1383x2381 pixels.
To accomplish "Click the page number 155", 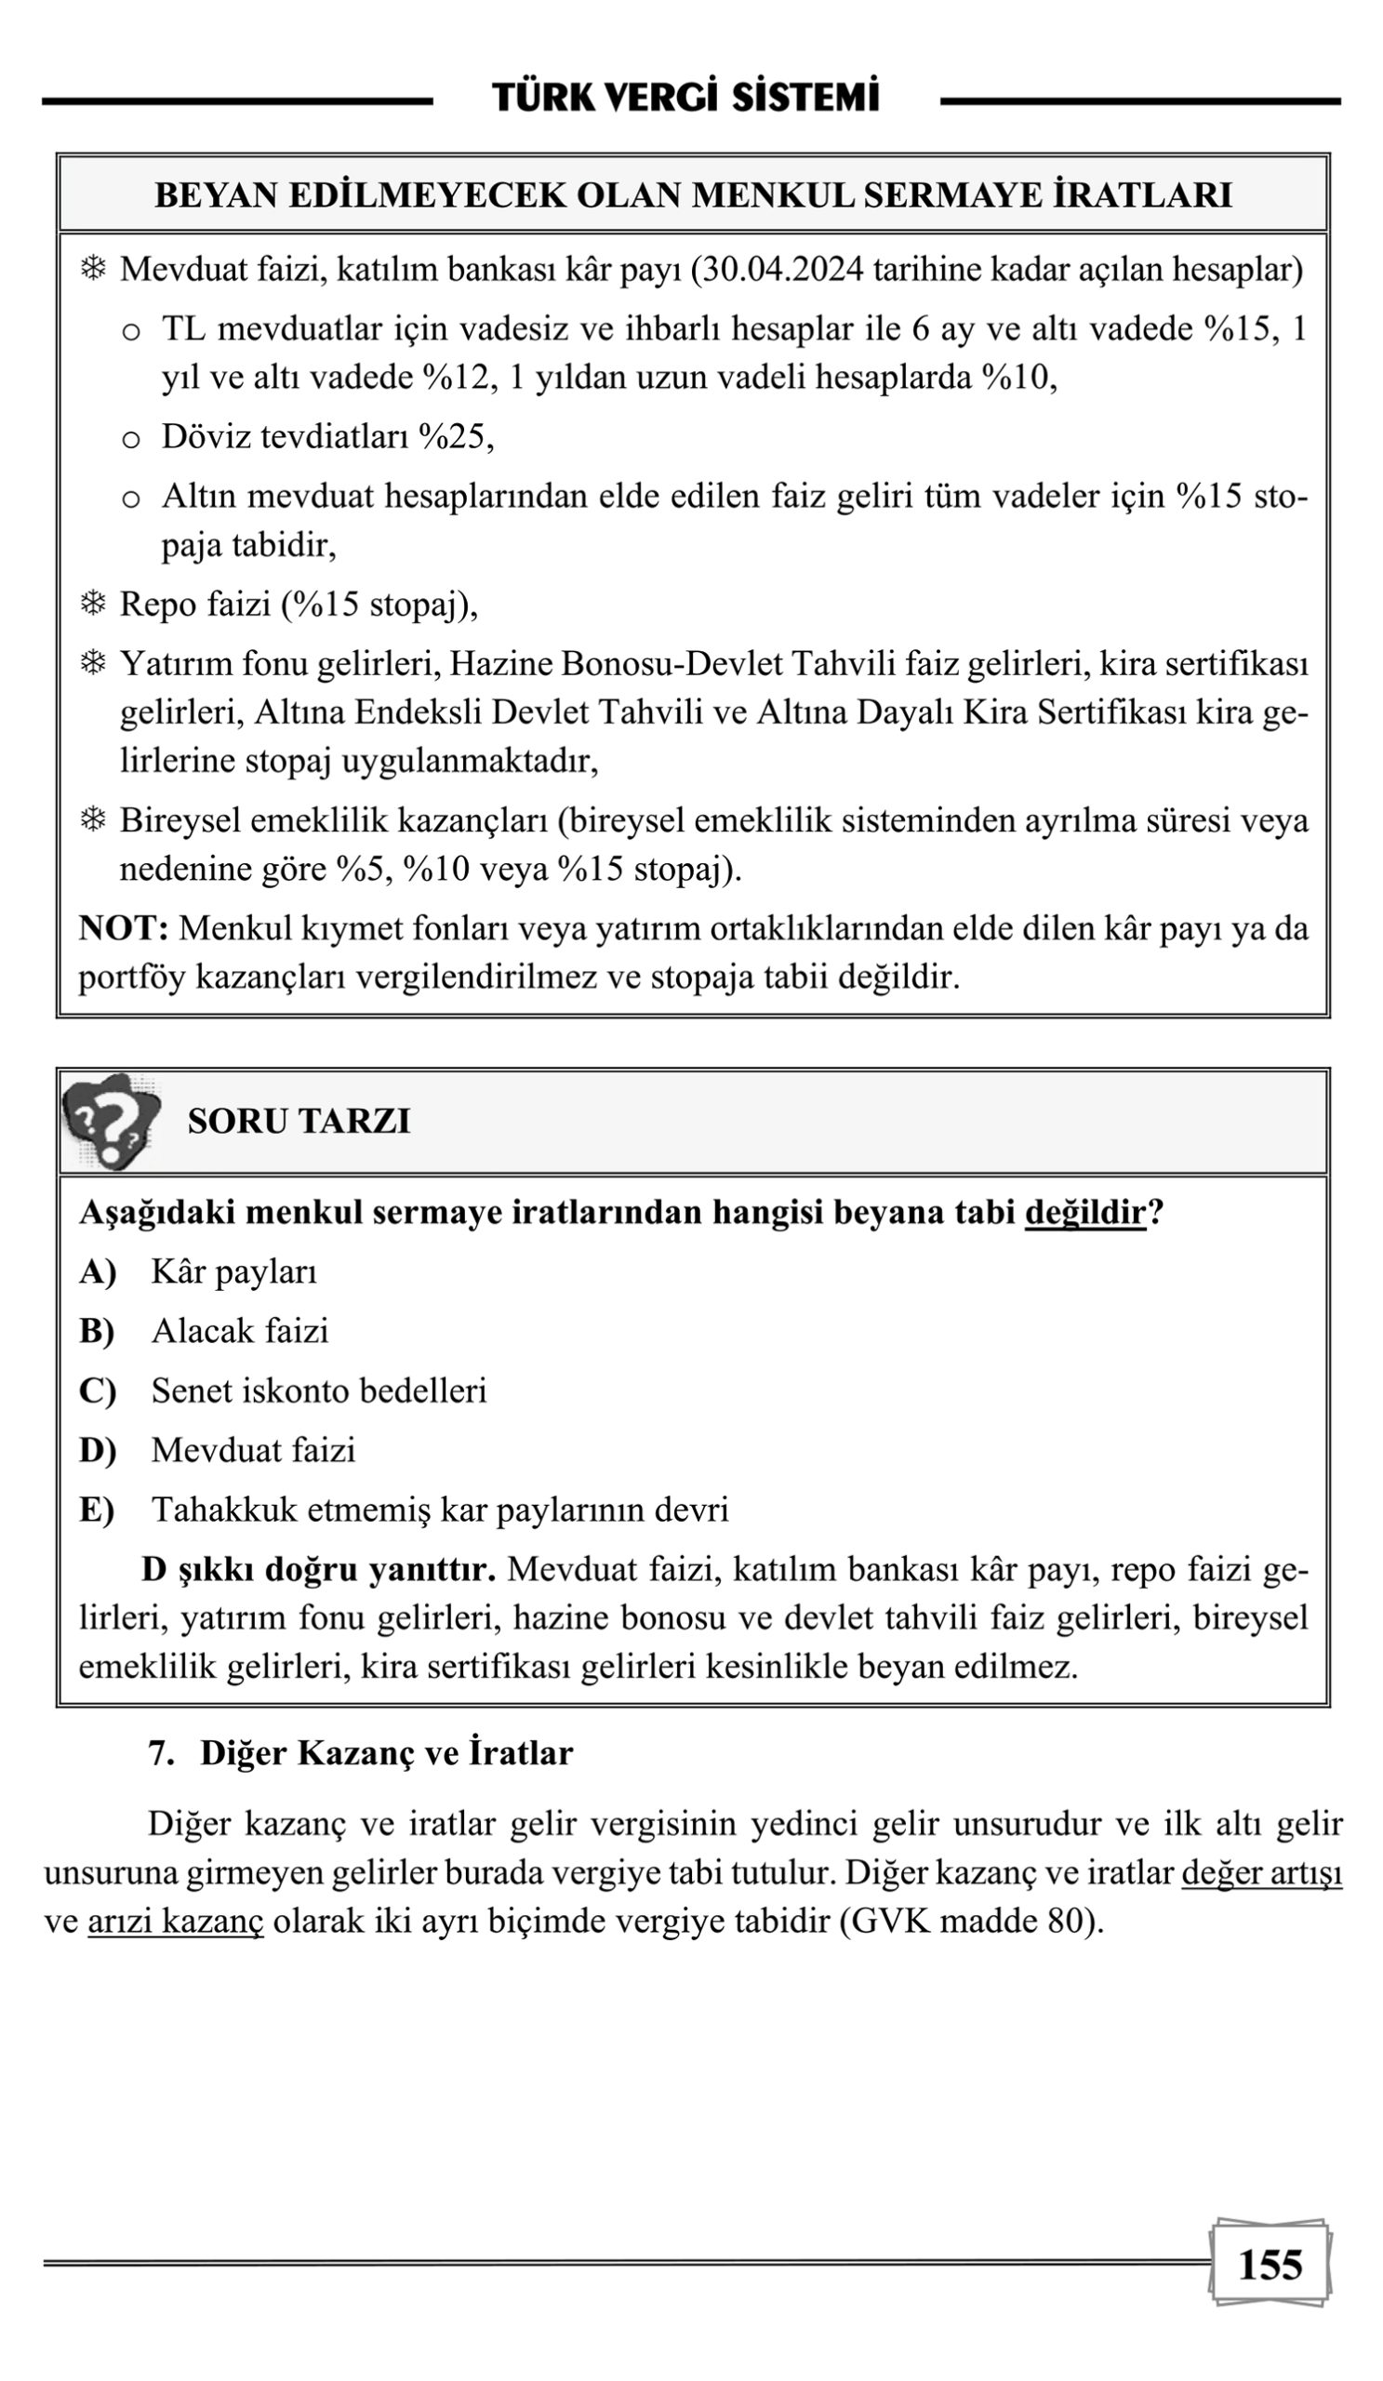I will point(1269,2263).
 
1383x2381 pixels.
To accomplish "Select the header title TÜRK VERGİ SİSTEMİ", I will point(685,98).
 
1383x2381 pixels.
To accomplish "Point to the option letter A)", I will point(98,1271).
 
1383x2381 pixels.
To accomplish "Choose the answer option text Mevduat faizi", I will point(253,1449).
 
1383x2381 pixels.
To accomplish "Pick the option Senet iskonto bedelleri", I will point(319,1390).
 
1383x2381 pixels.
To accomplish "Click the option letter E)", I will point(97,1509).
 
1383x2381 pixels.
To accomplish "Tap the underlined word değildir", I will point(1084,1211).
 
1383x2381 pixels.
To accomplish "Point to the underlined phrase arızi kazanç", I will point(176,1921).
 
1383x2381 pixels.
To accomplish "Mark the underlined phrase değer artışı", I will point(1261,1871).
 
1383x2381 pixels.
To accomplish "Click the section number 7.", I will point(161,1752).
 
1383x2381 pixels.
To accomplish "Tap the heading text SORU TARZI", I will point(299,1121).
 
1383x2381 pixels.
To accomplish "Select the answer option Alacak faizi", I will point(240,1330).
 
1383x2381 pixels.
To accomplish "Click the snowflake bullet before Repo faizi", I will point(93,604).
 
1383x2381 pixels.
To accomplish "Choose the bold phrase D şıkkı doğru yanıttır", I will point(318,1568).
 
